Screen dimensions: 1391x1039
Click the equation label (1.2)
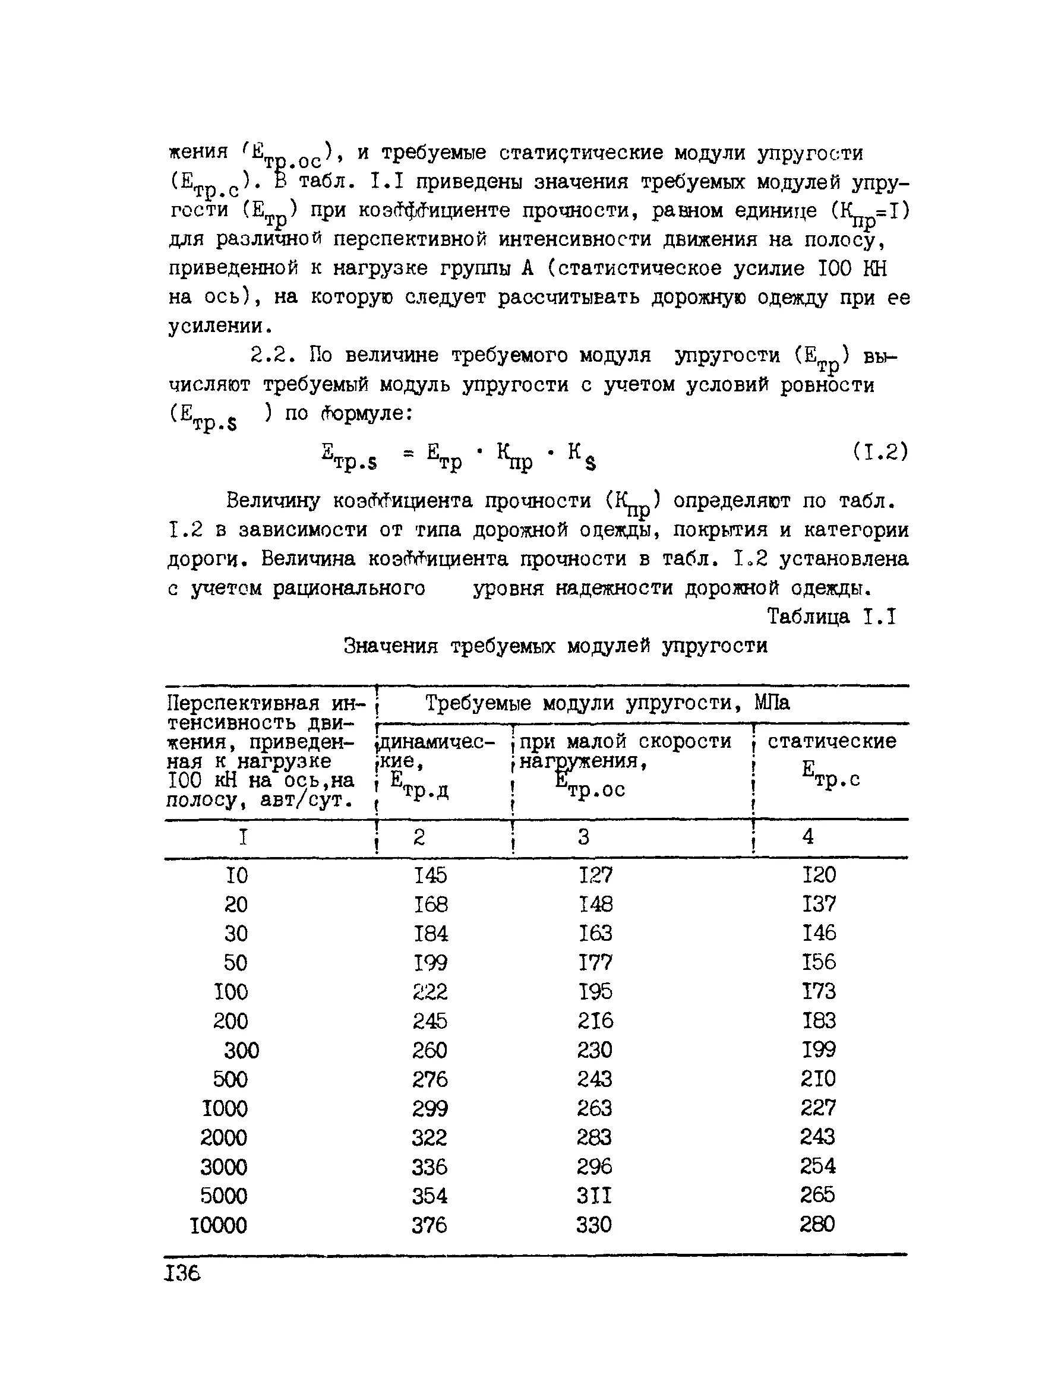880,451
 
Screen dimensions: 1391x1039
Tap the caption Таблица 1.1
831,617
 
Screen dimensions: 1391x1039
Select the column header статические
832,741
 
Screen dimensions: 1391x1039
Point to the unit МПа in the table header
772,703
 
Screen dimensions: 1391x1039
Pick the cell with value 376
430,1224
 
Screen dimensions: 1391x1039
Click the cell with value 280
817,1224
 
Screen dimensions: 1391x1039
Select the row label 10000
219,1225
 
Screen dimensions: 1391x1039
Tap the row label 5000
224,1196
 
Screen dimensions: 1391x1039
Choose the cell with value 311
594,1195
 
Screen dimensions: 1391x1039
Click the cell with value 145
430,875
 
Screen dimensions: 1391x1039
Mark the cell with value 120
819,874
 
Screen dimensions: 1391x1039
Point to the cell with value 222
430,992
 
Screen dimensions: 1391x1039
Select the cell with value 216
595,1020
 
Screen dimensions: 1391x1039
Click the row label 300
242,1050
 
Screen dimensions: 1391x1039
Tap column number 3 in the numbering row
583,836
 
